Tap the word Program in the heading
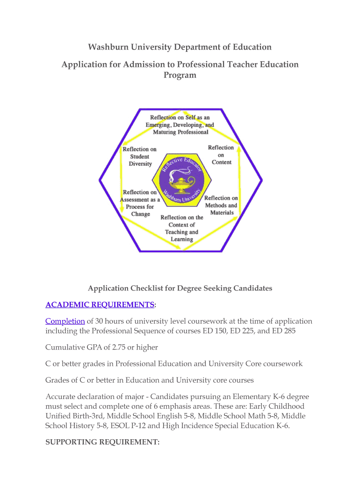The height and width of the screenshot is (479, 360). (x=180, y=75)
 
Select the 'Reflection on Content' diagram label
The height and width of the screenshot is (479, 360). (x=221, y=155)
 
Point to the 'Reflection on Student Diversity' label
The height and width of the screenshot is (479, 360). (x=140, y=156)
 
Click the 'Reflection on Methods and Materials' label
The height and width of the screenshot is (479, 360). (x=221, y=205)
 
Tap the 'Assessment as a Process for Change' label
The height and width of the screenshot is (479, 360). (x=140, y=203)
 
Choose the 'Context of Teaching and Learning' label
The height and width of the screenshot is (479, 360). (x=181, y=228)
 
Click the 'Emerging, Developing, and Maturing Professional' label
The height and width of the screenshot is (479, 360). (x=180, y=124)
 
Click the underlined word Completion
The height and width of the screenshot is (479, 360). (x=65, y=321)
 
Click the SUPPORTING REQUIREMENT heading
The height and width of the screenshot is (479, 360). (x=102, y=442)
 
